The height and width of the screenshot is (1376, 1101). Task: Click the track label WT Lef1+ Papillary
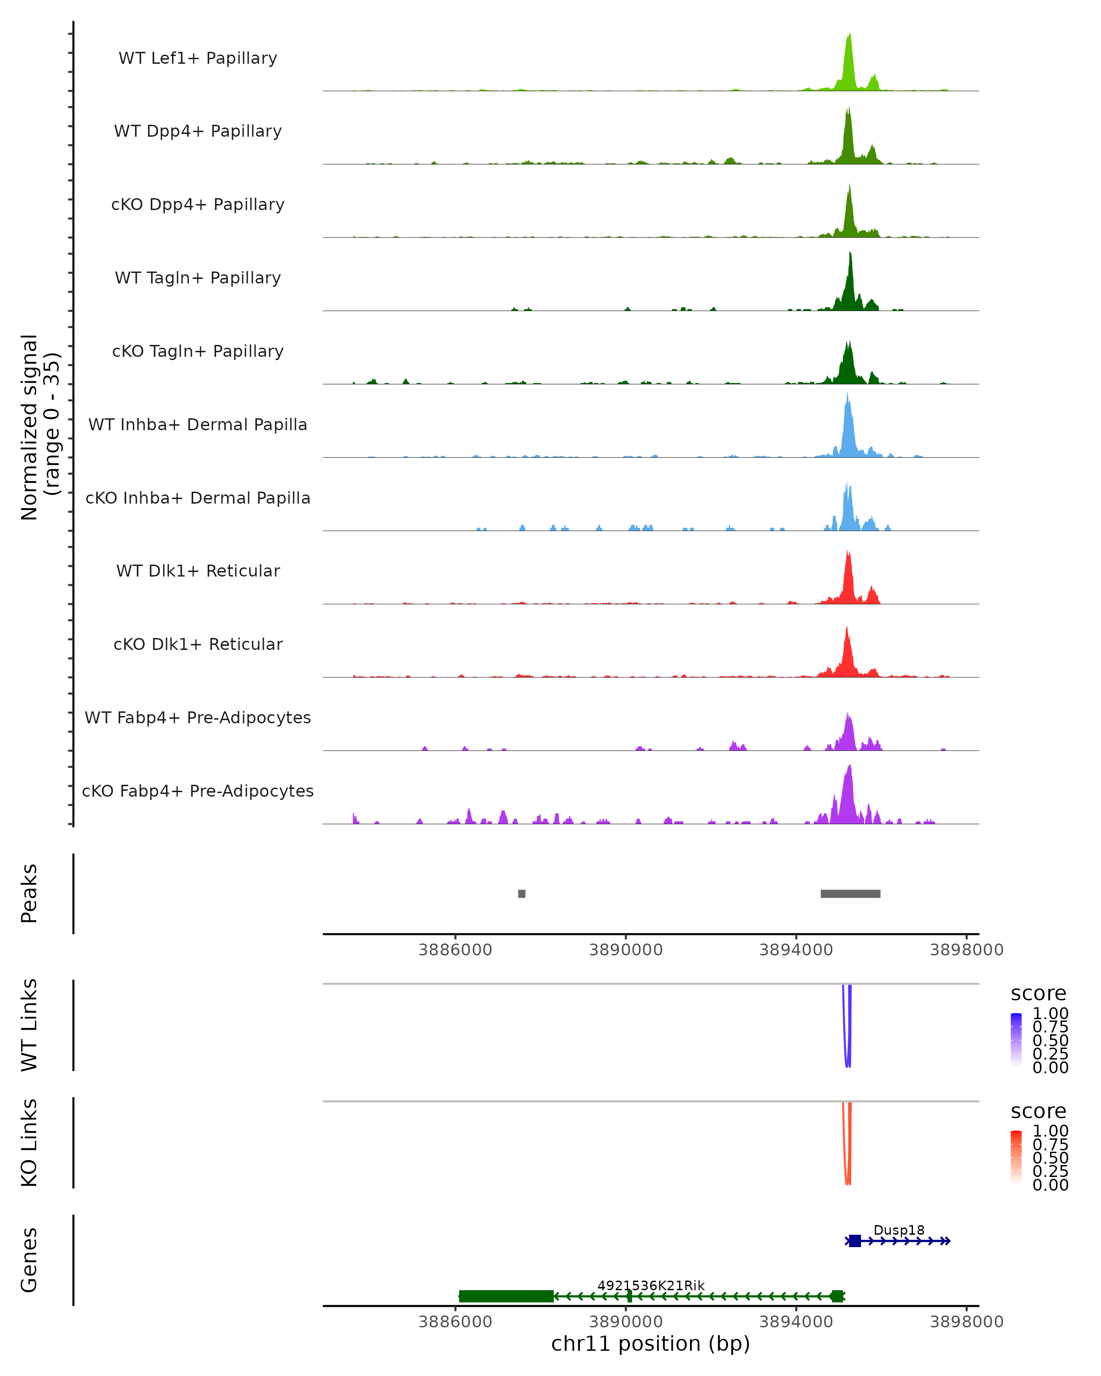[198, 58]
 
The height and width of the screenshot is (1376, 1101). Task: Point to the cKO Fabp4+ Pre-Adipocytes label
[198, 791]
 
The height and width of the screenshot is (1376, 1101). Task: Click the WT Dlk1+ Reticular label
[198, 571]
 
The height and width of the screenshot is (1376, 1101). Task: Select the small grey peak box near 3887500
[522, 893]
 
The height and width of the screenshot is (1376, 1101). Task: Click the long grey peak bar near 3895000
[850, 893]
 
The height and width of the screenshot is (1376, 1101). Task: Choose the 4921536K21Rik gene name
[651, 1285]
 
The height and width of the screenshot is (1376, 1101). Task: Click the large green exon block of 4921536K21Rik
[506, 1296]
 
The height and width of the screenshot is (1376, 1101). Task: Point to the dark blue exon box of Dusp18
[855, 1241]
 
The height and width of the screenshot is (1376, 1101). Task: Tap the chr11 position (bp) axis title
[651, 1344]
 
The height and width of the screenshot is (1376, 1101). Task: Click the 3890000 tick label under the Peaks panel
[625, 950]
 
